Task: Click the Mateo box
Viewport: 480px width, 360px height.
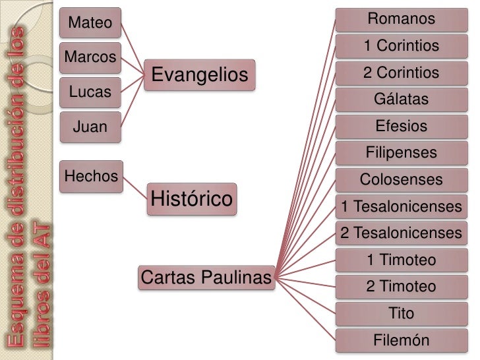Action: pyautogui.click(x=90, y=24)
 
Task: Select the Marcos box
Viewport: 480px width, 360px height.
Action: pyautogui.click(x=91, y=57)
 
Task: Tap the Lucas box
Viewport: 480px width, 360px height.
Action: pyautogui.click(x=90, y=92)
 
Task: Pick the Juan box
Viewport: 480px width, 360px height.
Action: pyautogui.click(x=90, y=126)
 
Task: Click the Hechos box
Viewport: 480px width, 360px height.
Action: pyautogui.click(x=91, y=176)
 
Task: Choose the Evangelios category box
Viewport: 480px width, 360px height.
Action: pyautogui.click(x=200, y=75)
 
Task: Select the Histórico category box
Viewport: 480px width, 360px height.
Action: pyautogui.click(x=192, y=198)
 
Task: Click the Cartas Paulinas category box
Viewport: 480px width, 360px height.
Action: pyautogui.click(x=206, y=278)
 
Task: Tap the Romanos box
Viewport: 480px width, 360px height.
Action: pyautogui.click(x=401, y=19)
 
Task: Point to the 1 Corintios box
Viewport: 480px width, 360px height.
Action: pyautogui.click(x=401, y=46)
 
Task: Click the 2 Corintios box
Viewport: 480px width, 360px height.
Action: pyautogui.click(x=401, y=73)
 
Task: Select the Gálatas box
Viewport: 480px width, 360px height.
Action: pyautogui.click(x=401, y=100)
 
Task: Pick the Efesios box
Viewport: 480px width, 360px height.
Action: pyautogui.click(x=401, y=126)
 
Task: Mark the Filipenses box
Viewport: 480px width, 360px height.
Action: pyautogui.click(x=401, y=153)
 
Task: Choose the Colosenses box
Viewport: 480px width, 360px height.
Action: pyautogui.click(x=401, y=179)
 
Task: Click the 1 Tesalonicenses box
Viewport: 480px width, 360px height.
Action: pyautogui.click(x=401, y=207)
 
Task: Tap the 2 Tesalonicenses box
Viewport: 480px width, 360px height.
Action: pyautogui.click(x=401, y=233)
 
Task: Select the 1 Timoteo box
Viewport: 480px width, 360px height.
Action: pyautogui.click(x=401, y=260)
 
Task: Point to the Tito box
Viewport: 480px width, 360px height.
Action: pyautogui.click(x=401, y=313)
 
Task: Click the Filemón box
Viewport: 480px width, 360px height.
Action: pyautogui.click(x=401, y=341)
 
